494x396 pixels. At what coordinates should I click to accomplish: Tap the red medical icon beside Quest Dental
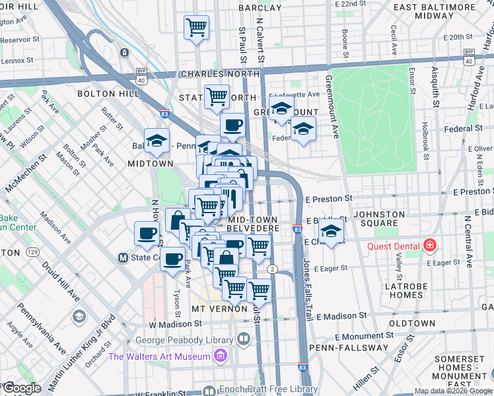tap(430, 246)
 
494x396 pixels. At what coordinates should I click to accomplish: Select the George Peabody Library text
tap(184, 341)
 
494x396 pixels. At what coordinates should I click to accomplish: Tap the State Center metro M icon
tap(122, 257)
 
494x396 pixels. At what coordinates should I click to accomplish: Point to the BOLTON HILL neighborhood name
tap(108, 94)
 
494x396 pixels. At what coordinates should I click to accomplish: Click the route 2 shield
tap(272, 269)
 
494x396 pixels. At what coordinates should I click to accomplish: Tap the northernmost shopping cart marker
tap(196, 28)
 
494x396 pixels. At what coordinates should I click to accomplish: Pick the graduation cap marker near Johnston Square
tap(331, 232)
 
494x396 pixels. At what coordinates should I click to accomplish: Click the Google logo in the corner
tap(22, 387)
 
